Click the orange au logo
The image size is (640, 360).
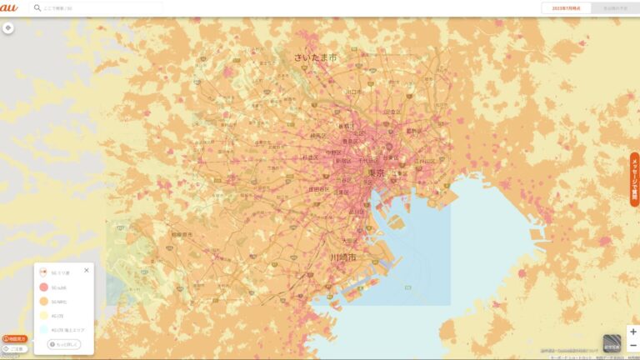[x=9, y=7]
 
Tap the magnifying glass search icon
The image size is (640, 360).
[x=37, y=7]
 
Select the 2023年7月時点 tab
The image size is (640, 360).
[x=565, y=7]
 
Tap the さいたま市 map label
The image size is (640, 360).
[x=315, y=57]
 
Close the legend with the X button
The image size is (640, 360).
[x=87, y=270]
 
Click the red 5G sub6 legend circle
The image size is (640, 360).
[x=43, y=287]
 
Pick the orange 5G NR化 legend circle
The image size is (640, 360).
[x=43, y=301]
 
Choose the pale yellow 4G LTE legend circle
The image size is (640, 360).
[x=43, y=316]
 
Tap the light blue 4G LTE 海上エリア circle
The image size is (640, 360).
[x=43, y=330]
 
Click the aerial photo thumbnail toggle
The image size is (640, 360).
[x=612, y=343]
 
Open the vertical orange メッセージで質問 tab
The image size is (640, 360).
[x=634, y=178]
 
